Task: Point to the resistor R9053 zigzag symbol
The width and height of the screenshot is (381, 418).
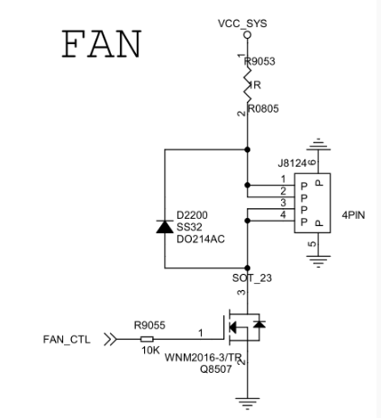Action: (248, 86)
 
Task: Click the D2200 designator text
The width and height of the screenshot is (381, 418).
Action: (193, 215)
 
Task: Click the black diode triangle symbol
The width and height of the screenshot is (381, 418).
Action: (164, 226)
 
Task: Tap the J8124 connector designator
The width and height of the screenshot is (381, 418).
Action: (294, 164)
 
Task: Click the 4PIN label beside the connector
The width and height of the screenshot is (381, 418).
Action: (354, 214)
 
